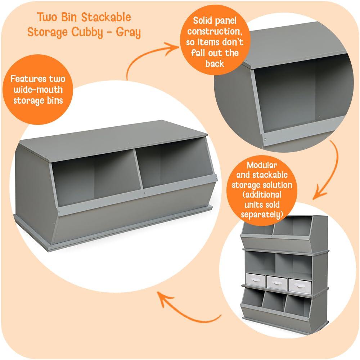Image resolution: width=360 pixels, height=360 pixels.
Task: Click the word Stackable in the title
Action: [104, 17]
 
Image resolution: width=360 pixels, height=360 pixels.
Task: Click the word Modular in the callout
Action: [262, 166]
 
